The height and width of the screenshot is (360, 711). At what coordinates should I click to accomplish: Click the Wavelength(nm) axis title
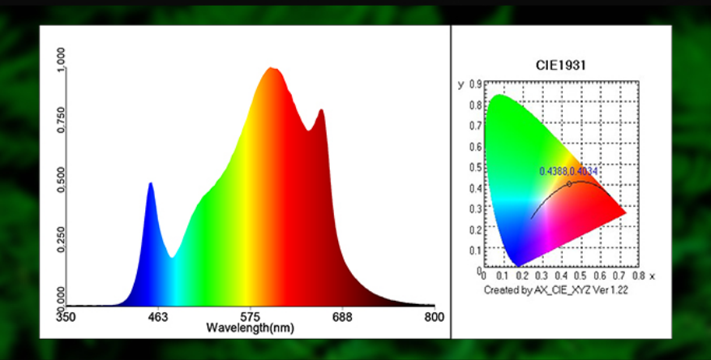pyautogui.click(x=250, y=328)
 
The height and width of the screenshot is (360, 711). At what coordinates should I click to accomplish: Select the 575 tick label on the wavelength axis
pyautogui.click(x=251, y=317)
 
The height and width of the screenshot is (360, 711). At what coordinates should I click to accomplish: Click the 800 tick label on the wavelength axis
pyautogui.click(x=434, y=317)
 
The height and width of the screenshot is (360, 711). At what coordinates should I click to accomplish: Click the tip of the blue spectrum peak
pyautogui.click(x=150, y=184)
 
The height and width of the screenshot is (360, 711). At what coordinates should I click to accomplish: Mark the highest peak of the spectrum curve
pyautogui.click(x=272, y=69)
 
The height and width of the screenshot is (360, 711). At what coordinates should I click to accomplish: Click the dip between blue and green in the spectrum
pyautogui.click(x=172, y=257)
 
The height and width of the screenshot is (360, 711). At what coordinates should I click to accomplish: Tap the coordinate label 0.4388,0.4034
pyautogui.click(x=569, y=171)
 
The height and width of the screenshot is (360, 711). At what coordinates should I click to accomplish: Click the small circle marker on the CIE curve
pyautogui.click(x=569, y=184)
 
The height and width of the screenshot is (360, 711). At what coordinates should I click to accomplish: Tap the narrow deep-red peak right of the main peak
pyautogui.click(x=321, y=111)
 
